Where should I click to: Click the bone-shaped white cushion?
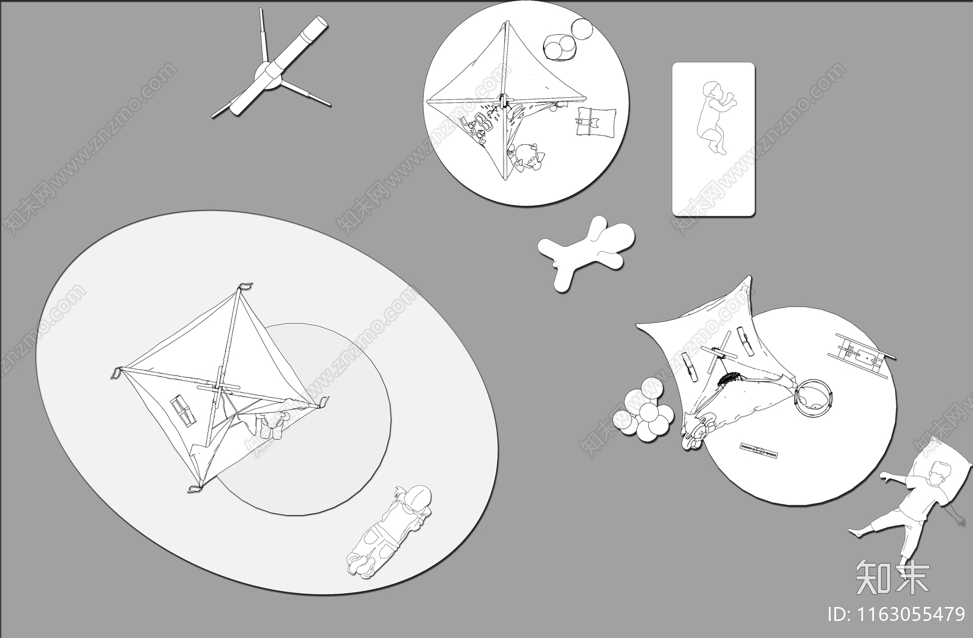586,251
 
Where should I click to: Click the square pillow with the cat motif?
597,122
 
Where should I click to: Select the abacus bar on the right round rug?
758,451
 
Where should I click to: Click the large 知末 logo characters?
893,577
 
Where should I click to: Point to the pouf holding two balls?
560,47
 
